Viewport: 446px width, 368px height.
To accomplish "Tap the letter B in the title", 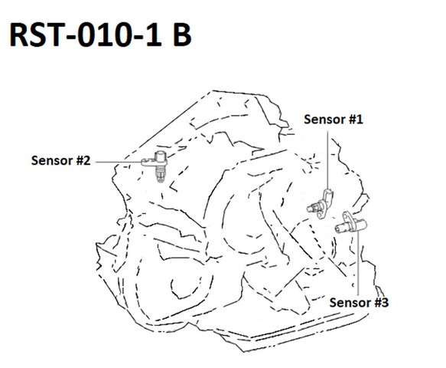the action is (182, 34).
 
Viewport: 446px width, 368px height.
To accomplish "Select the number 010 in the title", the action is (109, 34).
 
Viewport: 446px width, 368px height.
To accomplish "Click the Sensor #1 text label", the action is (334, 119).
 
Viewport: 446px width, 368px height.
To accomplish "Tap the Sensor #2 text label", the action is (60, 160).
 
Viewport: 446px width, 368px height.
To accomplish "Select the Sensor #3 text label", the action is (359, 302).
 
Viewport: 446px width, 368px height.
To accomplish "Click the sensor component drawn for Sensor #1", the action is (321, 205).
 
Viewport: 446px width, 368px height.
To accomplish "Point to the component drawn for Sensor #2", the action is (156, 166).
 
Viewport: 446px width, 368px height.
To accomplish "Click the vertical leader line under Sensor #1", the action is (327, 159).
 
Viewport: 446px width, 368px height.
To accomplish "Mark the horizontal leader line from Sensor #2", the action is (119, 162).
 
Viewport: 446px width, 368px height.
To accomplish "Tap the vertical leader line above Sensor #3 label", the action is (358, 264).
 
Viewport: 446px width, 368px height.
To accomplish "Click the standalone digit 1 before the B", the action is (155, 34).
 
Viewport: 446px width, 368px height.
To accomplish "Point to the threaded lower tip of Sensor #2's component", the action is (160, 178).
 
